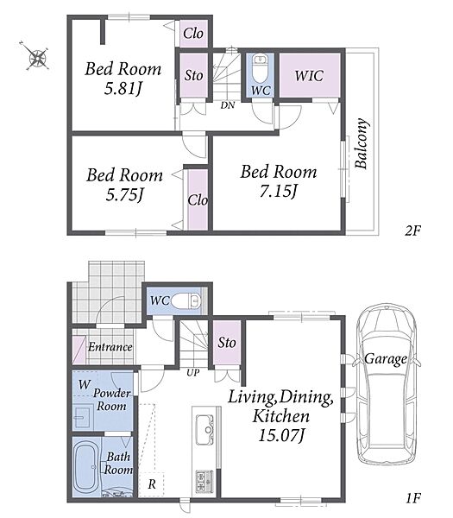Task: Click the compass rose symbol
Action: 36,57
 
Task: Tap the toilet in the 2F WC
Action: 260,68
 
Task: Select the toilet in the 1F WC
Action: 186,300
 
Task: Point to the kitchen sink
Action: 204,429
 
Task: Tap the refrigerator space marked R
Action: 152,484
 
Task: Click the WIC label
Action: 309,76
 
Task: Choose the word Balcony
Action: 362,143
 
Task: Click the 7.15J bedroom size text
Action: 279,191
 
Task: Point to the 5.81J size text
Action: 123,88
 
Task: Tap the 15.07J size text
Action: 281,435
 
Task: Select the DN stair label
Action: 228,105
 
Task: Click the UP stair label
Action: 192,373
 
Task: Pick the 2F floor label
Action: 412,231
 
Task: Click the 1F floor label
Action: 412,497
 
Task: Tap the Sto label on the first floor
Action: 227,342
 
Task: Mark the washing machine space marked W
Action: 85,384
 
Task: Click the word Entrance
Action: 110,346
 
